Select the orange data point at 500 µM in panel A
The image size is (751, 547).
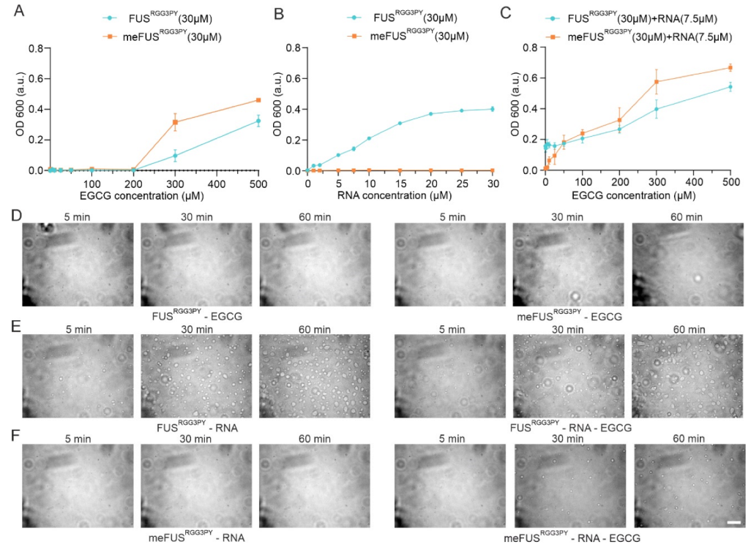pos(258,100)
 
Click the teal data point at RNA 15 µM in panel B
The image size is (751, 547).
pos(400,124)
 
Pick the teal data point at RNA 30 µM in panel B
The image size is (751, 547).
pos(493,109)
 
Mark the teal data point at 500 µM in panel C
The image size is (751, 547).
pos(730,87)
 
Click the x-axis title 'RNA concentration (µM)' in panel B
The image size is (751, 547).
pos(400,196)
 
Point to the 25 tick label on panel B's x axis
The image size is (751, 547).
pos(462,183)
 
